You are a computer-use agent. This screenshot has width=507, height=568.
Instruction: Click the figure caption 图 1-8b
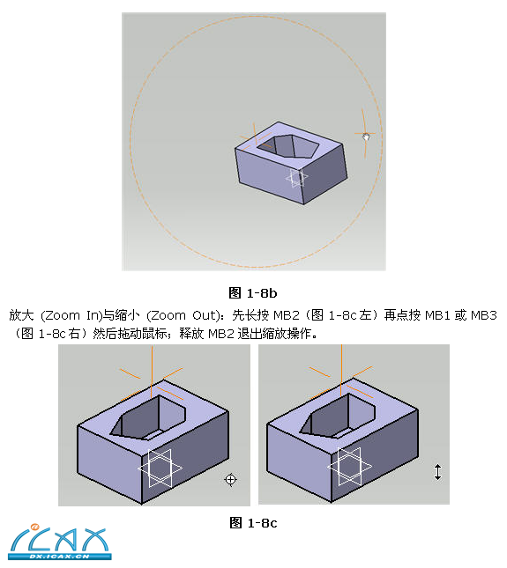(x=253, y=292)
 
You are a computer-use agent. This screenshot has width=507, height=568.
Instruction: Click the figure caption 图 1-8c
(x=253, y=523)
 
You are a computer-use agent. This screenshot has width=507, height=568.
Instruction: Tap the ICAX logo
(x=59, y=542)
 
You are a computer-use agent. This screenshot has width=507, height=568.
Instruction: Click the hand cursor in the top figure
(x=366, y=136)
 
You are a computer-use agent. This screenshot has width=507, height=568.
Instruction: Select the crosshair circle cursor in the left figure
(x=231, y=480)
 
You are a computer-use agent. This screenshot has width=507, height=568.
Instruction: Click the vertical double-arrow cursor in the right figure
(x=437, y=472)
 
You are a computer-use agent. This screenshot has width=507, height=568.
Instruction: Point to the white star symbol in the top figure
(x=296, y=178)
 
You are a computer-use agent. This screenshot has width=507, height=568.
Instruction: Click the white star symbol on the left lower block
(x=160, y=468)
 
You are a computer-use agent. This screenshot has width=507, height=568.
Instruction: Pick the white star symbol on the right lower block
(x=349, y=467)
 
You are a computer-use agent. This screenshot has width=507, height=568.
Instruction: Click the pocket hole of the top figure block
(x=288, y=146)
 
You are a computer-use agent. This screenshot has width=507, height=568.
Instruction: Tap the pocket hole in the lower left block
(x=149, y=417)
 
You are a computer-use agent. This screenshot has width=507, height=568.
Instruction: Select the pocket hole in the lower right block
(x=338, y=416)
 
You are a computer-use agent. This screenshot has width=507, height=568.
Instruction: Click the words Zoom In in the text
(x=72, y=315)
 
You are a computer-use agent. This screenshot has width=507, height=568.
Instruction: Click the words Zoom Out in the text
(x=184, y=315)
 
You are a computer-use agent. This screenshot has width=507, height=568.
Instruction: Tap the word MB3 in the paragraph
(x=484, y=315)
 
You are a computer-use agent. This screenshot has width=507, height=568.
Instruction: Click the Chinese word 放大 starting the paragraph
(x=21, y=315)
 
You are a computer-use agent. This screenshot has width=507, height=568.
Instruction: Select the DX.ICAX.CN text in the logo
(x=59, y=556)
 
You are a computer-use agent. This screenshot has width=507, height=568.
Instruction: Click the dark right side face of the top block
(x=323, y=173)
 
